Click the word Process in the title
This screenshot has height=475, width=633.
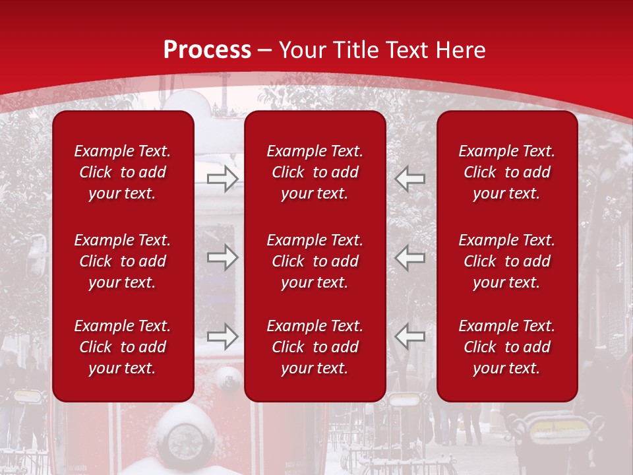click(207, 50)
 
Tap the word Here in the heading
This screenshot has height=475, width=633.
click(459, 50)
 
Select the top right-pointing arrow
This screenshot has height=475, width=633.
click(223, 178)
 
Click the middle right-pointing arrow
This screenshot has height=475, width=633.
click(223, 257)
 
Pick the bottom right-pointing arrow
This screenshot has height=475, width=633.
click(223, 336)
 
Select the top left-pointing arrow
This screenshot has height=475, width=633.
click(410, 178)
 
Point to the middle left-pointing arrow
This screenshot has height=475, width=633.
click(410, 257)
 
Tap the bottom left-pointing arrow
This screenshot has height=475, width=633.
click(410, 336)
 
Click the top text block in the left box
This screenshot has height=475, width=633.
click(123, 172)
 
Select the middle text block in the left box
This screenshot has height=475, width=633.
click(123, 261)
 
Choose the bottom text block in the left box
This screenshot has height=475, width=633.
click(123, 347)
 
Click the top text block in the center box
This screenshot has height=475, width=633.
click(315, 172)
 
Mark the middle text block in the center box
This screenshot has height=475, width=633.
click(315, 261)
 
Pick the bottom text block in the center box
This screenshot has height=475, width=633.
click(315, 347)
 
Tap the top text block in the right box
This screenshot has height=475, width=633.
click(507, 172)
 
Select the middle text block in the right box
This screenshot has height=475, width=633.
click(507, 261)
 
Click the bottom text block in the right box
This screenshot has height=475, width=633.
click(507, 347)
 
